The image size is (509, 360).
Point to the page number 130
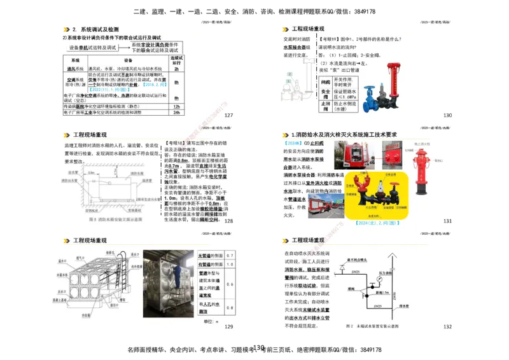coord(447,115)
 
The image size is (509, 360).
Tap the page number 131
coord(447,221)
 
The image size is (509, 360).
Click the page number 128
coord(229,221)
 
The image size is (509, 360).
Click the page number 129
coord(229,326)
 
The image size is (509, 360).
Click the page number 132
coord(447,326)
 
